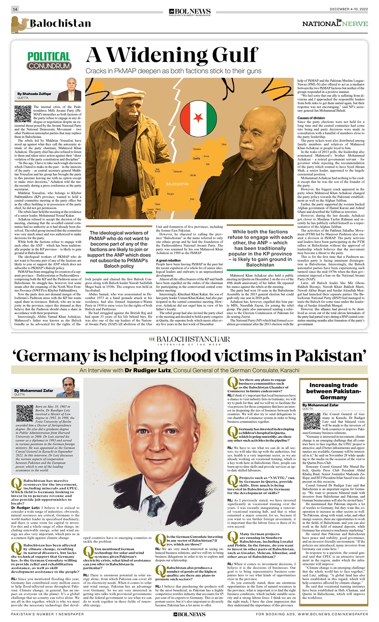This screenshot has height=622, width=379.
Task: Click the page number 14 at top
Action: (15, 10)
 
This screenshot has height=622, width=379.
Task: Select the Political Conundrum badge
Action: (49, 61)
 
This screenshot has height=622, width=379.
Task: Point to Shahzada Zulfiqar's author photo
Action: (69, 90)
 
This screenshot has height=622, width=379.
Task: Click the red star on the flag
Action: (197, 118)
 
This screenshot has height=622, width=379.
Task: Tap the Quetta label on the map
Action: (196, 158)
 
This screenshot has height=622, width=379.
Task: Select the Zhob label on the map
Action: (224, 144)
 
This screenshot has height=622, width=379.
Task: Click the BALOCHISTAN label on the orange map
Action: (177, 183)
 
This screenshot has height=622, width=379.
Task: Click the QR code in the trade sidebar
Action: (311, 421)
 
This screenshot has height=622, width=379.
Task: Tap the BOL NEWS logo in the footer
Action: (189, 614)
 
